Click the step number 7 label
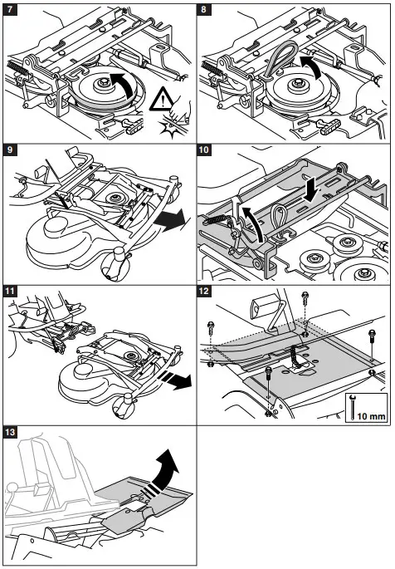tap(11, 11)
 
